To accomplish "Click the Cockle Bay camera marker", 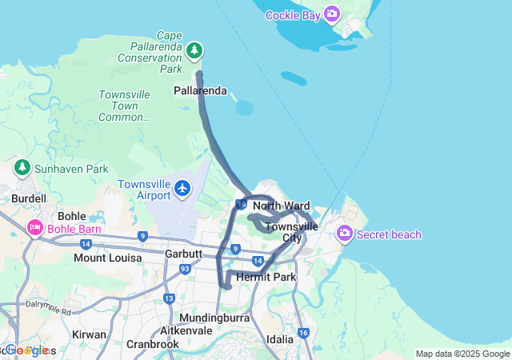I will click(x=332, y=14).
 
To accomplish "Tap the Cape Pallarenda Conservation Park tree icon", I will click(x=194, y=51).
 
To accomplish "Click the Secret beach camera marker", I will click(x=345, y=234).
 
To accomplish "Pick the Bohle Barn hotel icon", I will click(x=35, y=229).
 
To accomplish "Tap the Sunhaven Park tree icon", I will click(x=22, y=168).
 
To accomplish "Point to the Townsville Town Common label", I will click(x=124, y=106).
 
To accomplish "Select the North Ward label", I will click(x=281, y=206).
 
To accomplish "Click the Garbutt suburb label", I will click(x=163, y=254).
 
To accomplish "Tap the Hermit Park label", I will click(x=266, y=277).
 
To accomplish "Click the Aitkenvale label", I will click(x=186, y=330).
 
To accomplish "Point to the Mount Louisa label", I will click(x=107, y=258).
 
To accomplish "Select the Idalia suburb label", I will click(x=280, y=339).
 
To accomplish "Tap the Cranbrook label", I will click(x=152, y=344).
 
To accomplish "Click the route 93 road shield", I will click(x=185, y=269).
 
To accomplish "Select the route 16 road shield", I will click(x=302, y=333).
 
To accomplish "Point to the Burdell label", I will click(x=29, y=198).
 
